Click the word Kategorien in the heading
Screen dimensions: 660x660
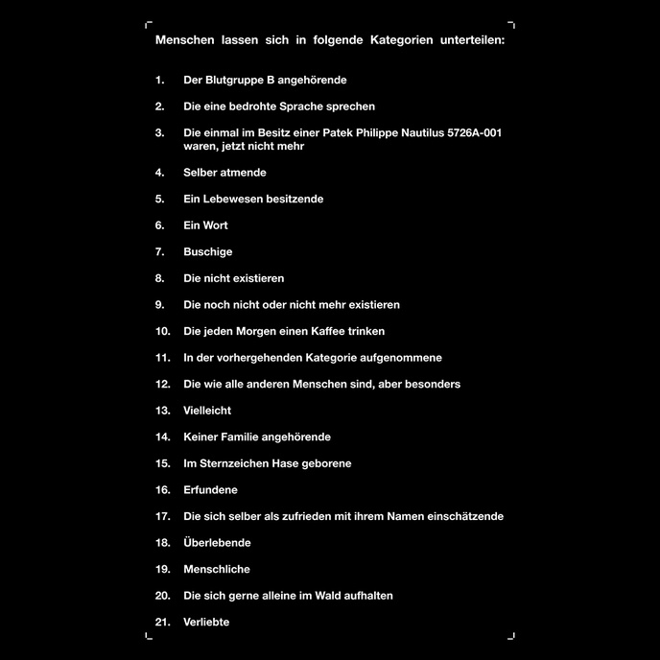[393, 40]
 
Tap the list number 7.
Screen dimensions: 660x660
[160, 252]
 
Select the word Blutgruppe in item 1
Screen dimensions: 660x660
[233, 81]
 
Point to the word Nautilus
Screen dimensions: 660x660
[419, 133]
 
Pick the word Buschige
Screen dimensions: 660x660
[208, 252]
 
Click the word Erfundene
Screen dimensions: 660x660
[210, 490]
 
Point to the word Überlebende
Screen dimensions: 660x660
[217, 543]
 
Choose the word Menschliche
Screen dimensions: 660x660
[217, 569]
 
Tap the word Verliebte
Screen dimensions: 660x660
[206, 622]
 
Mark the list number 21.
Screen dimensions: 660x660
[162, 622]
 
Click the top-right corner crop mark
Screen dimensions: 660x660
[511, 25]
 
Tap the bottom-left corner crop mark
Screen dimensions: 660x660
[149, 635]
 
